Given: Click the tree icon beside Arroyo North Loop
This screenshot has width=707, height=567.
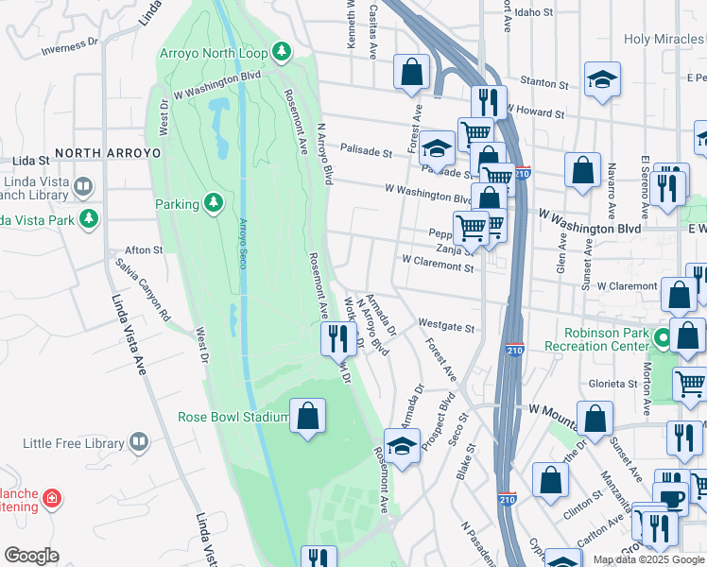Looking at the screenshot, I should coord(281,51).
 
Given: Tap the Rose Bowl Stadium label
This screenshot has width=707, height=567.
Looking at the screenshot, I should coord(233,417).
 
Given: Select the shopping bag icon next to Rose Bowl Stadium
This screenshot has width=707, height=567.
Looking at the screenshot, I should coord(307,417).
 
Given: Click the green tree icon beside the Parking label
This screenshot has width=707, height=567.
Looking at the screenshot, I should coord(214,203).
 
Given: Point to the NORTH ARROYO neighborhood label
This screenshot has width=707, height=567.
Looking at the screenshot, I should coord(107,152).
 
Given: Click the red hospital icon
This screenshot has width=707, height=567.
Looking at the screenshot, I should coord(52,497).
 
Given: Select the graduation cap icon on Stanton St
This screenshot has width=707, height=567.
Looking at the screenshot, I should coord(602,81).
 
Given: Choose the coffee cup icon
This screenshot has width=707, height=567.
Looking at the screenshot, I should coord(672,499).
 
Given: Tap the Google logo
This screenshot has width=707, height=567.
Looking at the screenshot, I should coord(31,555).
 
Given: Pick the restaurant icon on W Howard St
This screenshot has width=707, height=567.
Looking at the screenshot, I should coord(489,101).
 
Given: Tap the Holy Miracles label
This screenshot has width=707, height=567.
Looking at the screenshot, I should coord(664,40).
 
